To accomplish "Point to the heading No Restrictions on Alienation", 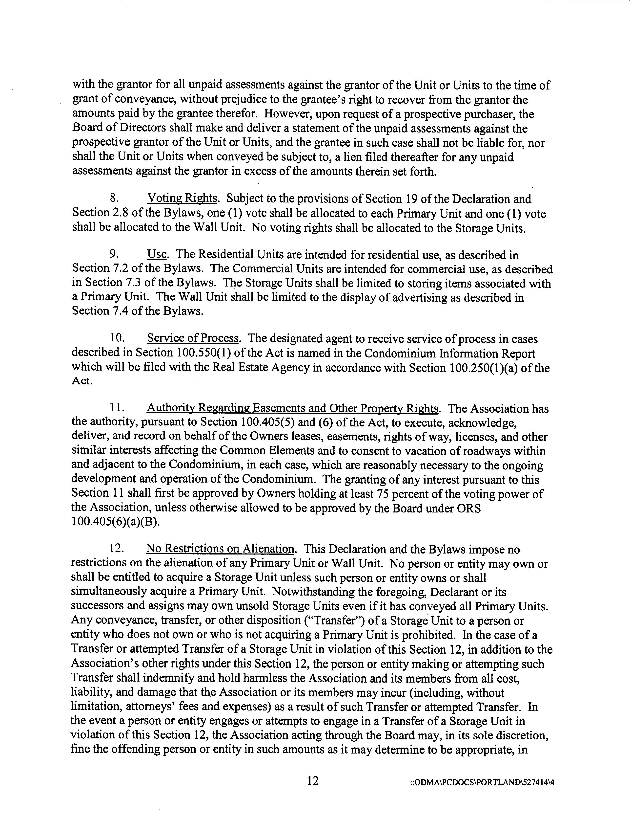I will tap(220, 549).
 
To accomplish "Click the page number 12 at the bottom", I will tap(313, 781).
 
